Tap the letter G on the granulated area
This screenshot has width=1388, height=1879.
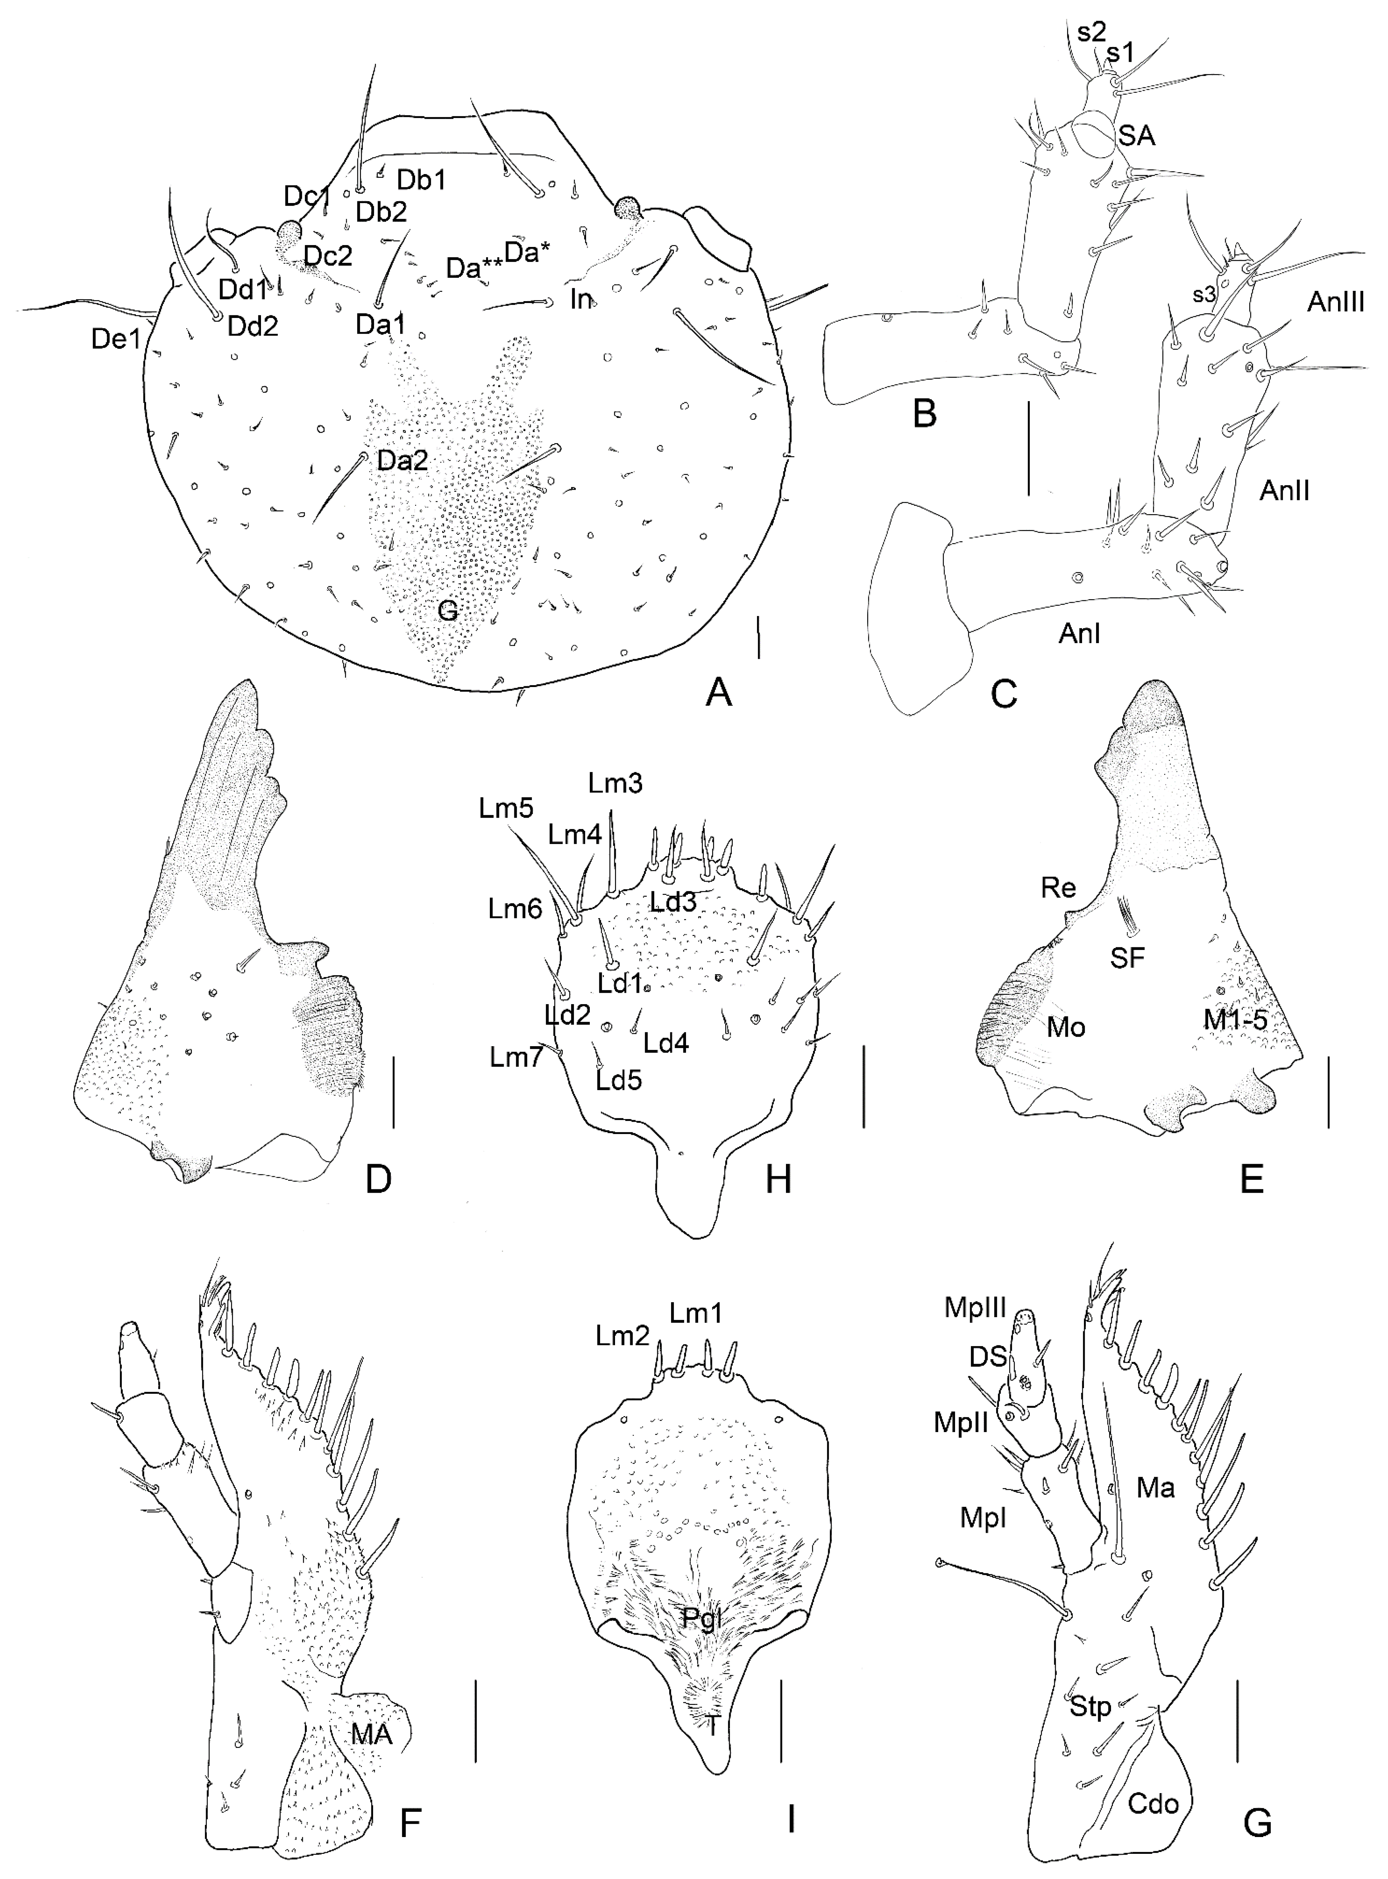click(x=448, y=611)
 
